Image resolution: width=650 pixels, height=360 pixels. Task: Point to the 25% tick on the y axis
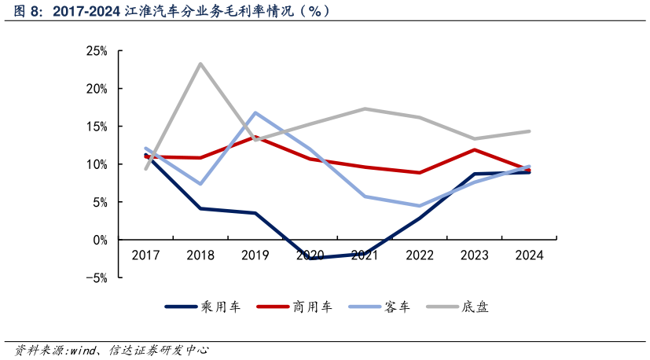[97, 51]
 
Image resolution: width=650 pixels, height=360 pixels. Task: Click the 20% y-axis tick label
[97, 89]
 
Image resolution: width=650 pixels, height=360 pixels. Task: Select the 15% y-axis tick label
[97, 127]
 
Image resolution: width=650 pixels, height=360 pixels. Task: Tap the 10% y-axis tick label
[97, 164]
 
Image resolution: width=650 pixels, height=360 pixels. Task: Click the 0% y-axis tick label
[100, 240]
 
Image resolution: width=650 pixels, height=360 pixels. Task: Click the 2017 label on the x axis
[145, 255]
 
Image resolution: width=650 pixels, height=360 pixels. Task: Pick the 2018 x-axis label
[200, 255]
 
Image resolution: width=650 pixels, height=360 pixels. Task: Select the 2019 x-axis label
[255, 255]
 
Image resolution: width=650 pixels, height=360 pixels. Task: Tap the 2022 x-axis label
[420, 255]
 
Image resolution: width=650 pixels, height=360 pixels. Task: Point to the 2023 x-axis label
[475, 255]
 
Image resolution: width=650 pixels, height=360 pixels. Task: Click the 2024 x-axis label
[529, 255]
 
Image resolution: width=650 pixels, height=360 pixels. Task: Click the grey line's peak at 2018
[200, 64]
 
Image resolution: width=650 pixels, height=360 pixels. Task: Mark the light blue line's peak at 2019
[255, 112]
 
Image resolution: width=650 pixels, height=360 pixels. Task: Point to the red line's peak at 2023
[475, 149]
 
